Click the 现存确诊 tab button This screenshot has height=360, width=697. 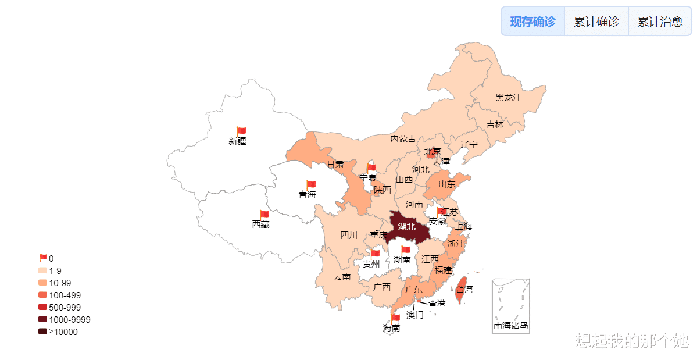click(x=532, y=22)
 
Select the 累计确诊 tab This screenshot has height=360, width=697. click(x=596, y=22)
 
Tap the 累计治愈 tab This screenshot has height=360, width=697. click(x=660, y=22)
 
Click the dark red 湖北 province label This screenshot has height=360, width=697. click(x=407, y=227)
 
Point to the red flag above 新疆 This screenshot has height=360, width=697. click(x=241, y=131)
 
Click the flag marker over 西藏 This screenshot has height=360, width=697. click(x=264, y=215)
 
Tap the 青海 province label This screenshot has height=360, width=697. click(x=307, y=195)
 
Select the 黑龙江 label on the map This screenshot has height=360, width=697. click(x=508, y=97)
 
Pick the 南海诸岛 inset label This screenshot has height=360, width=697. click(x=511, y=326)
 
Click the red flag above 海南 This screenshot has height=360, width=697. click(x=395, y=318)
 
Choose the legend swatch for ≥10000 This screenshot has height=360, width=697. click(x=42, y=332)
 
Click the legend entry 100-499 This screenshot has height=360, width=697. click(x=65, y=295)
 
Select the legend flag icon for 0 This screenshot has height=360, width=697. click(x=42, y=258)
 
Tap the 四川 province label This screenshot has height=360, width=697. click(x=349, y=236)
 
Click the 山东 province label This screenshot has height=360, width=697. click(x=446, y=184)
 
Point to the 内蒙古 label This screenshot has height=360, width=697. click(x=403, y=139)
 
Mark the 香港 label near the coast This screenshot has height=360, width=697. click(x=437, y=303)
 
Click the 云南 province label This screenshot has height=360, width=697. click(x=342, y=277)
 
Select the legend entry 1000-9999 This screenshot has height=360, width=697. click(x=69, y=320)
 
